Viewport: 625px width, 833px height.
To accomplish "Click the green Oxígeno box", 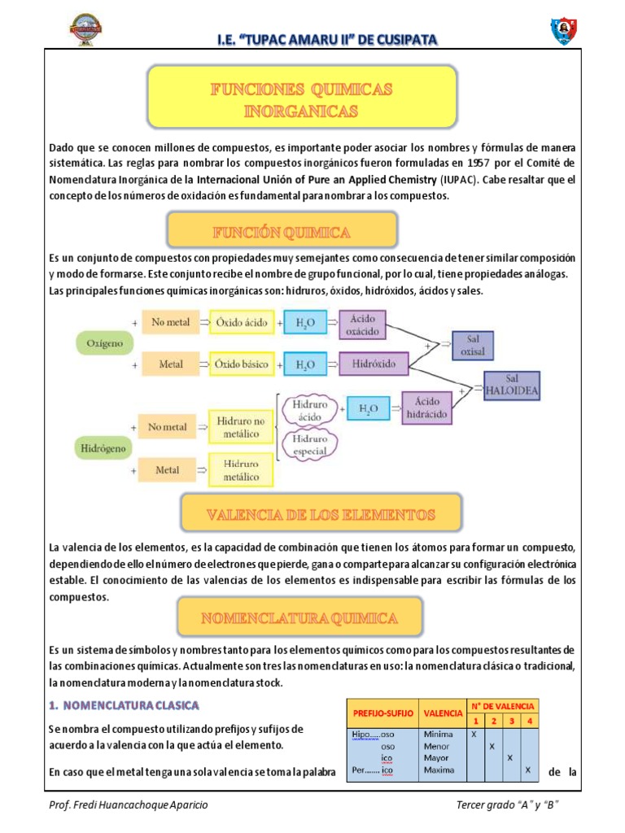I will tap(105, 343).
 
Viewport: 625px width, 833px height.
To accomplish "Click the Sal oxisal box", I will tap(472, 345).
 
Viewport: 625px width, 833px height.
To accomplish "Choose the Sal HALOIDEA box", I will tap(512, 384).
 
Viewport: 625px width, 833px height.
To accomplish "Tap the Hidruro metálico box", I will tap(243, 470).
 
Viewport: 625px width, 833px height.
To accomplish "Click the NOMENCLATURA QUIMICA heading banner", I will tap(300, 618).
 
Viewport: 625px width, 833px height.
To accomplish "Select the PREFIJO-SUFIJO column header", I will tap(383, 713).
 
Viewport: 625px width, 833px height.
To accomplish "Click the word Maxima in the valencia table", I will tap(439, 770).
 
